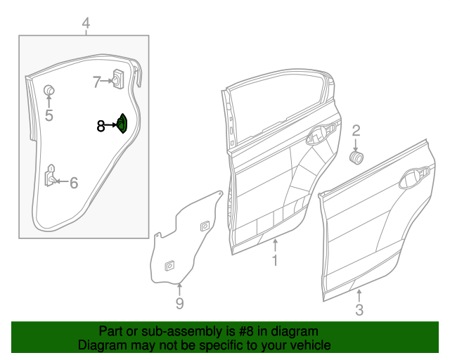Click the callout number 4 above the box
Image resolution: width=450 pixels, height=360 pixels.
tap(86, 24)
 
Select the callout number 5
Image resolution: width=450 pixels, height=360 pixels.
tap(49, 115)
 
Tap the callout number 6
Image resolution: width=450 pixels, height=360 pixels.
tap(74, 183)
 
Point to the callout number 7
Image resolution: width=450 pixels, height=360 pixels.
tap(97, 82)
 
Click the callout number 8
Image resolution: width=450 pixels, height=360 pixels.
tap(101, 126)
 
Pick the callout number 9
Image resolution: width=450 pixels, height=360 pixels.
tap(179, 303)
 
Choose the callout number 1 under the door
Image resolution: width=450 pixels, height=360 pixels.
tap(275, 261)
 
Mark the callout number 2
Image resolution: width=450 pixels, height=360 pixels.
tap(356, 129)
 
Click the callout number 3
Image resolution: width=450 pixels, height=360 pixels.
tap(359, 310)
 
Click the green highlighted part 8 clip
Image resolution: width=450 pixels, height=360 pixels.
tap(122, 124)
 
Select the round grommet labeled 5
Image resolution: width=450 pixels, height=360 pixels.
tap(50, 90)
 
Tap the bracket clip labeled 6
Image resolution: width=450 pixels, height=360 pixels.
tap(51, 176)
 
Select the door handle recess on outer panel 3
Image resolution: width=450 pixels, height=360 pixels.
tap(414, 179)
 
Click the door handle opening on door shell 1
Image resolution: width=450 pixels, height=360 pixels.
tap(324, 134)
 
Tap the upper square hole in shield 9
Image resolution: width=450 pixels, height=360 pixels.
tap(204, 226)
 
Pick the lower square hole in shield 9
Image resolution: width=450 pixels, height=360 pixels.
tap(169, 266)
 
